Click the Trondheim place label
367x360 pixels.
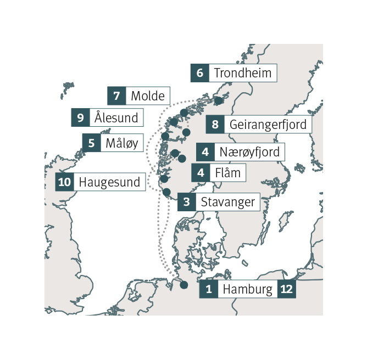(x=242, y=73)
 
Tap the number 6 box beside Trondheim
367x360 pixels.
(x=199, y=73)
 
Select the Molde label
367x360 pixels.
(x=147, y=96)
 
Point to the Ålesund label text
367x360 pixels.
(x=116, y=117)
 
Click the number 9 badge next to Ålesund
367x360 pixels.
(x=80, y=117)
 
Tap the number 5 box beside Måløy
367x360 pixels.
(x=91, y=143)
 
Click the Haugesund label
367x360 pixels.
(x=110, y=182)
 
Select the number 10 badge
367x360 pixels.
(x=65, y=182)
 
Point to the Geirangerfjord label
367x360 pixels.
(x=268, y=124)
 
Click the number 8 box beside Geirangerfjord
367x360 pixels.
(x=215, y=124)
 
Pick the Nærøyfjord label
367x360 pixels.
(x=249, y=152)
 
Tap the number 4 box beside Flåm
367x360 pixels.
(x=201, y=173)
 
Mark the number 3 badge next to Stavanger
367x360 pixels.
(x=187, y=202)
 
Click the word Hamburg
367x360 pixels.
(x=248, y=289)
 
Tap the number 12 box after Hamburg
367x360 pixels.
(x=287, y=289)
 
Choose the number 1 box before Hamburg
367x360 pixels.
(x=208, y=289)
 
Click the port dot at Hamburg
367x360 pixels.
(x=183, y=285)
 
